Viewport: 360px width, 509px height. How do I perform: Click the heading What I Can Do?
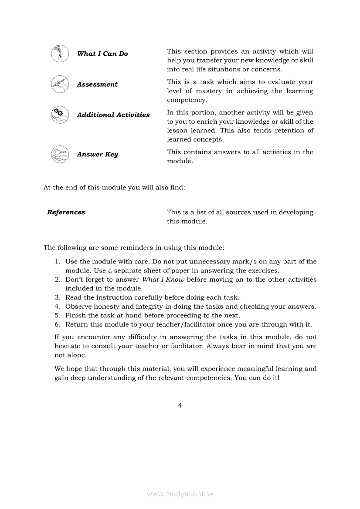pos(102,54)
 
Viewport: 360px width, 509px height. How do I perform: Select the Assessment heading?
pos(97,84)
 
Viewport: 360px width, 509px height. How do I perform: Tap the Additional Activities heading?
pos(113,115)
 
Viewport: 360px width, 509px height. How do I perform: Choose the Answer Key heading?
pos(97,155)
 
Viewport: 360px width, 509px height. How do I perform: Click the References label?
pos(66,212)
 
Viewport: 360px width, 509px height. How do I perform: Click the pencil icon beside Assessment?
pos(60,84)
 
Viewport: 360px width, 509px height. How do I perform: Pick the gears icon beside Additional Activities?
pos(60,115)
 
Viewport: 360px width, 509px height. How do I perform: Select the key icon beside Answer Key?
pos(60,155)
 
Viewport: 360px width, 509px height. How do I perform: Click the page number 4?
pos(180,405)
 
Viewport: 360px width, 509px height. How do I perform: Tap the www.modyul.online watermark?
pos(180,494)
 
